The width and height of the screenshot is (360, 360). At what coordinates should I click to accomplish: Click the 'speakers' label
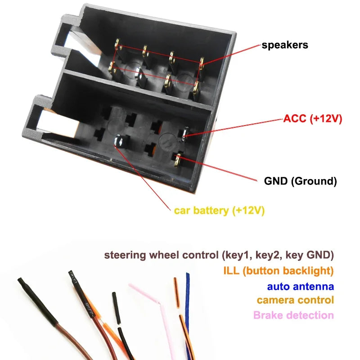click(285, 45)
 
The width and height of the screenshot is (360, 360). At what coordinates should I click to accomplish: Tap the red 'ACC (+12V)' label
click(313, 119)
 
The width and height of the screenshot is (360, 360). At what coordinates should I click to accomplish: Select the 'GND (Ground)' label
click(300, 181)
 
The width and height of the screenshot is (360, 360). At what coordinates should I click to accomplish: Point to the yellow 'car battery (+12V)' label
click(219, 210)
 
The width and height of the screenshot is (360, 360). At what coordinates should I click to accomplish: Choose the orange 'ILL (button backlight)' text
click(278, 271)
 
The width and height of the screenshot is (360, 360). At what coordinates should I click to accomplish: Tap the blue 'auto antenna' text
click(300, 286)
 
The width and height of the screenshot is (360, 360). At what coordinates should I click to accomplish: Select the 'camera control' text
click(295, 300)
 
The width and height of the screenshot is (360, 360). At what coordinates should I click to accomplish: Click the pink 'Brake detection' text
click(293, 315)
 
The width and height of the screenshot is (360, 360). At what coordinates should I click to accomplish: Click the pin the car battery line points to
click(120, 142)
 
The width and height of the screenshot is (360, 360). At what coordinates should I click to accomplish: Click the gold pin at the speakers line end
click(201, 63)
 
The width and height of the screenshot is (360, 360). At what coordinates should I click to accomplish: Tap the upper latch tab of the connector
click(67, 43)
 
